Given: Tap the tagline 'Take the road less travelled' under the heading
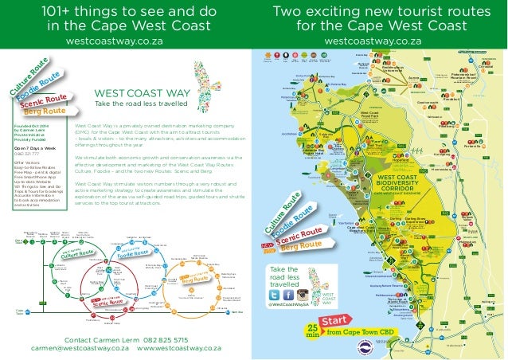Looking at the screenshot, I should [141, 104].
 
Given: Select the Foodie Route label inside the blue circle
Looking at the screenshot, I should [135, 255].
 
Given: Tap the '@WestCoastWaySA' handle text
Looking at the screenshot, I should [293, 307].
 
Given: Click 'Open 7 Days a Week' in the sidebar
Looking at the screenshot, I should [34, 147].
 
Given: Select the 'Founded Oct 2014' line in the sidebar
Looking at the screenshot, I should [33, 124].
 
